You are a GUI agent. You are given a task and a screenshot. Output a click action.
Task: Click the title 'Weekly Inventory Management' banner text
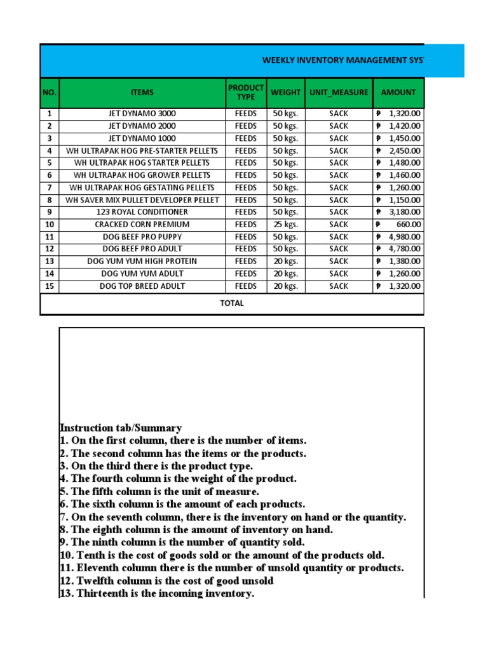coord(343,60)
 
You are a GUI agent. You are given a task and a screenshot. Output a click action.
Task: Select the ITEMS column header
coord(142,93)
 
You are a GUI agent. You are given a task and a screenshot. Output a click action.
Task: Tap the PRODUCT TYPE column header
coord(245,93)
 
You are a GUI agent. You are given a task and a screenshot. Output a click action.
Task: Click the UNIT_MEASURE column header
coord(338,93)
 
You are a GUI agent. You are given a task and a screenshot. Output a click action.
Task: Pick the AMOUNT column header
coord(398,93)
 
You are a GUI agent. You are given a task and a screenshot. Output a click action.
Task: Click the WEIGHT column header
coord(285,93)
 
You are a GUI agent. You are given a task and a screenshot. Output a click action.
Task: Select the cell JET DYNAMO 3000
coord(142,114)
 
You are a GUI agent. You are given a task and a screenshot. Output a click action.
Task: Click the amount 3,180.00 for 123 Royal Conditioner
coord(404,212)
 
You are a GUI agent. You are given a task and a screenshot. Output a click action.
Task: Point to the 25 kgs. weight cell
coord(285,224)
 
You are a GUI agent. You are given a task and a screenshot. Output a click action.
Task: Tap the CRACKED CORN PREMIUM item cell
coord(142,224)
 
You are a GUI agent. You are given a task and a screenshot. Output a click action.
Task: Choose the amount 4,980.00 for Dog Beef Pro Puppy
coord(404,237)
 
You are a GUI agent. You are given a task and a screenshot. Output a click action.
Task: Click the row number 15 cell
coord(50,286)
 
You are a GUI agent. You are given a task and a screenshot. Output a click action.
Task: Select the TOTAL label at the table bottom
coord(231,303)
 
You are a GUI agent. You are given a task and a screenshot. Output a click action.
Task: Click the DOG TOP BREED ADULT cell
coord(142,286)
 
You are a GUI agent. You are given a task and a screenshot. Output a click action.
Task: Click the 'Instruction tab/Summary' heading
coord(121,428)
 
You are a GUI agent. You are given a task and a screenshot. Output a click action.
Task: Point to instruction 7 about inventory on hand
coord(233,517)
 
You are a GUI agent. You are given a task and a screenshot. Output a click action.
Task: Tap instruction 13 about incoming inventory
coord(157,594)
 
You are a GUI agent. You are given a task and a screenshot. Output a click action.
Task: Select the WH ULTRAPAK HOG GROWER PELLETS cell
coord(142,175)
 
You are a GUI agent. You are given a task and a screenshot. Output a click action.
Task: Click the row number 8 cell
coord(50,200)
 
